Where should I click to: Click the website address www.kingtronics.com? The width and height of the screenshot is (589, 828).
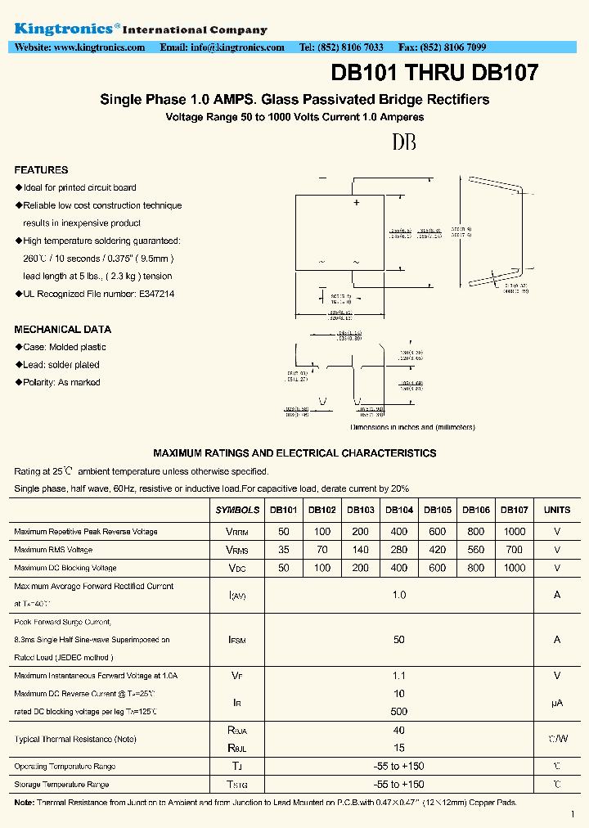pos(99,47)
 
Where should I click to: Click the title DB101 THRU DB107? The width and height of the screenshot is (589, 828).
pos(434,73)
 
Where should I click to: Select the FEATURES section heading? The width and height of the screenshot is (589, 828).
pos(41,170)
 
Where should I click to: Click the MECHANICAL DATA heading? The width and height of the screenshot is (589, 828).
pos(62,330)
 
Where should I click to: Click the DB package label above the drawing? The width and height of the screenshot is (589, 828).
pos(404,142)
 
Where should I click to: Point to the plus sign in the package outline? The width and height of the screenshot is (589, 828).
pos(357,202)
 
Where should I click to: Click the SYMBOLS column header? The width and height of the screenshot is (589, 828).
pos(237,510)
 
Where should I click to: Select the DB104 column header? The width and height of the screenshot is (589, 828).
pos(399,510)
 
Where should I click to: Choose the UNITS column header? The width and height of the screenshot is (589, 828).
pos(557,510)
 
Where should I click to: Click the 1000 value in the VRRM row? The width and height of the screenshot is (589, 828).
pos(515,532)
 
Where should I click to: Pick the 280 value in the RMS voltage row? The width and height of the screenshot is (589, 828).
pos(399,550)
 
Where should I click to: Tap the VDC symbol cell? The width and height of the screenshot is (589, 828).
pos(237,568)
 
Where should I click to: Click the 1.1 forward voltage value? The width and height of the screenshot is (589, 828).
pos(399,676)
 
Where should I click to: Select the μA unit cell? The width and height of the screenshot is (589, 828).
pos(557,703)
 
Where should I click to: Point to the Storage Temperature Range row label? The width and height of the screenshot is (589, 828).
pos(61,785)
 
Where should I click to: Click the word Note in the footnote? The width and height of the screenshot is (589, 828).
pos(24,803)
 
